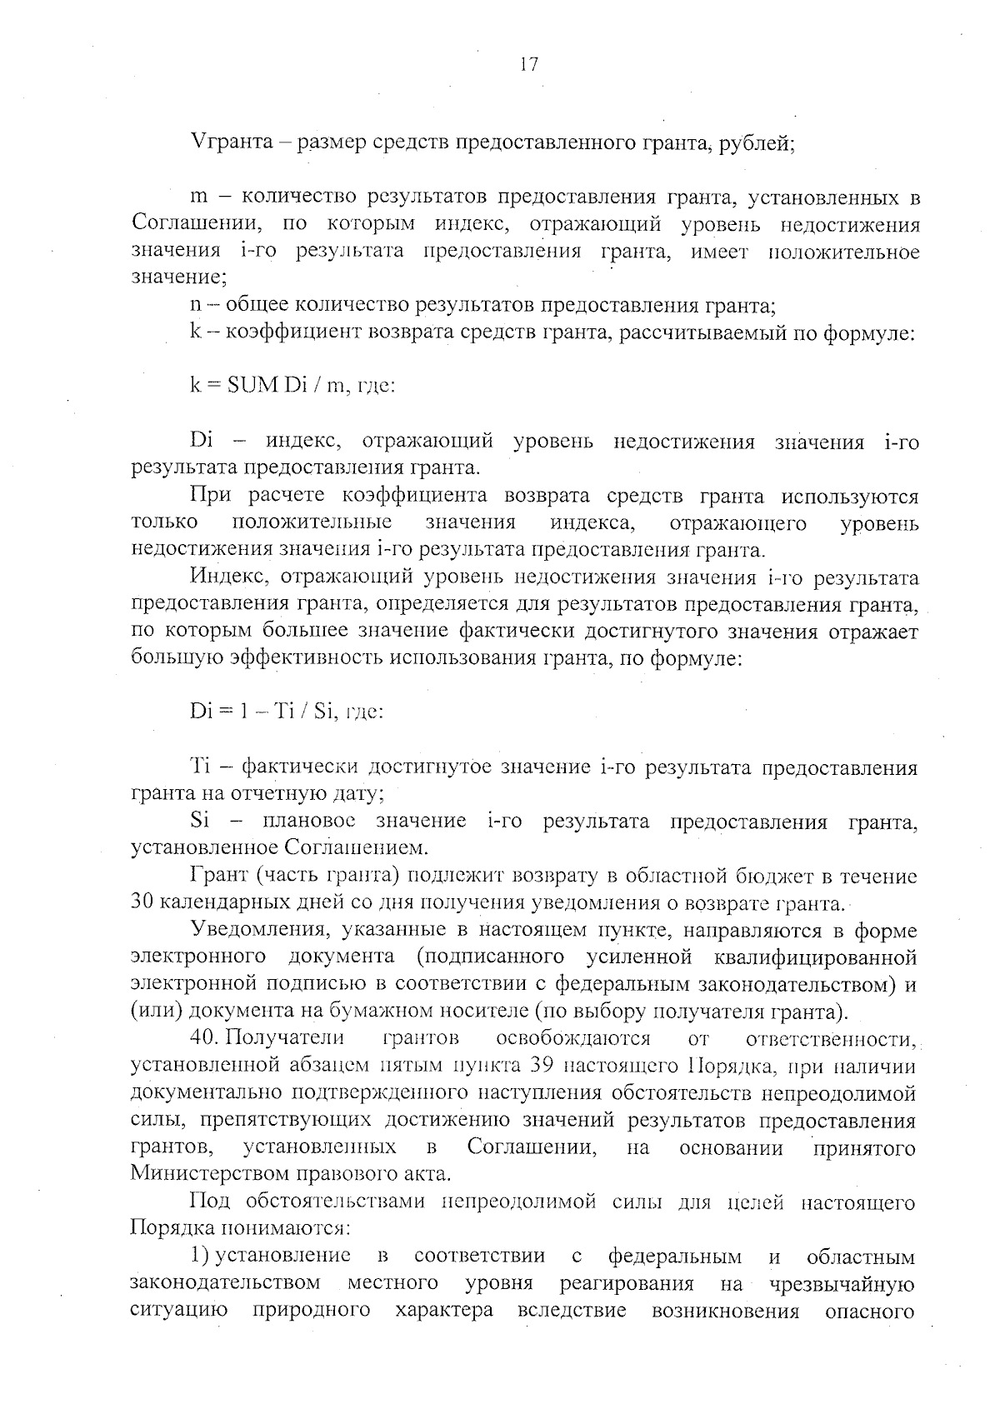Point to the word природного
click(x=311, y=1311)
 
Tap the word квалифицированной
click(x=816, y=957)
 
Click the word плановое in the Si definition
click(x=308, y=822)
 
